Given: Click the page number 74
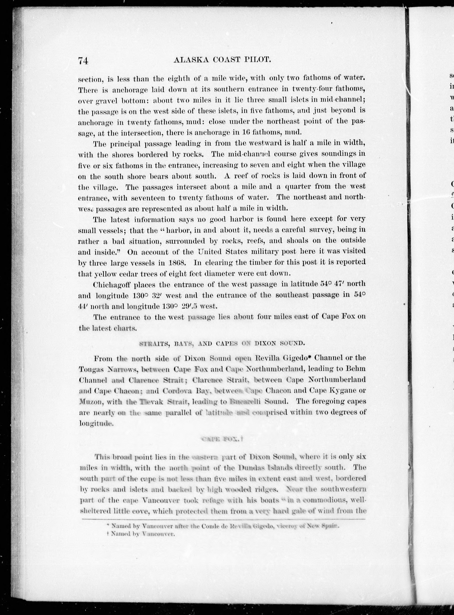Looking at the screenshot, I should click(83, 61).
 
